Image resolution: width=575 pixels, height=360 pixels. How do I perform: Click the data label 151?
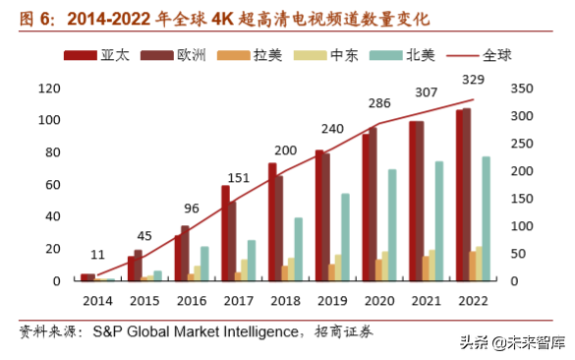[x=239, y=177]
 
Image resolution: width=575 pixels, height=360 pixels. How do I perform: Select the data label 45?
[x=144, y=235]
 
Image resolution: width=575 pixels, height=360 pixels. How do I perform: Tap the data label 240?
[x=332, y=129]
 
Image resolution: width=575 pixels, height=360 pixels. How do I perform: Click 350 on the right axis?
[x=522, y=89]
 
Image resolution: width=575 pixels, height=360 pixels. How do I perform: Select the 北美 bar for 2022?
[x=486, y=218]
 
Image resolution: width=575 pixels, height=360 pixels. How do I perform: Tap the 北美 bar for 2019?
[x=345, y=237]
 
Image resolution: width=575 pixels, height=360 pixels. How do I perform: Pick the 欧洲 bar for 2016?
[x=185, y=254]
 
